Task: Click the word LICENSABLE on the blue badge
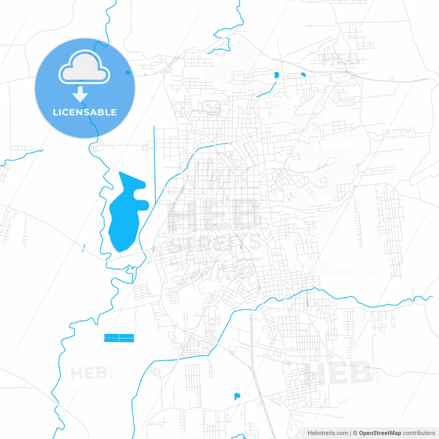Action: click(x=85, y=112)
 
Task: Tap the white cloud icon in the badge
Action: click(x=84, y=67)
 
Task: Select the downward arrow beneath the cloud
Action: click(x=80, y=94)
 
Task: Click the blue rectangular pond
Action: click(x=119, y=338)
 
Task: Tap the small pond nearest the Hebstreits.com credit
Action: click(x=237, y=396)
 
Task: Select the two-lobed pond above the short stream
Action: click(x=276, y=75)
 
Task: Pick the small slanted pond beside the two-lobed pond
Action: click(x=303, y=74)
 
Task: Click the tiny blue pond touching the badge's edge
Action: click(x=128, y=73)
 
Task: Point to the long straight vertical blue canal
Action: click(x=155, y=165)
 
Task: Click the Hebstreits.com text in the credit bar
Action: click(x=328, y=433)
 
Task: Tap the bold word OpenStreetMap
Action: click(x=380, y=433)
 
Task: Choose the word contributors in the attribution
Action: click(x=419, y=433)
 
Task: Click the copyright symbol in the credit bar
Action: click(x=355, y=433)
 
